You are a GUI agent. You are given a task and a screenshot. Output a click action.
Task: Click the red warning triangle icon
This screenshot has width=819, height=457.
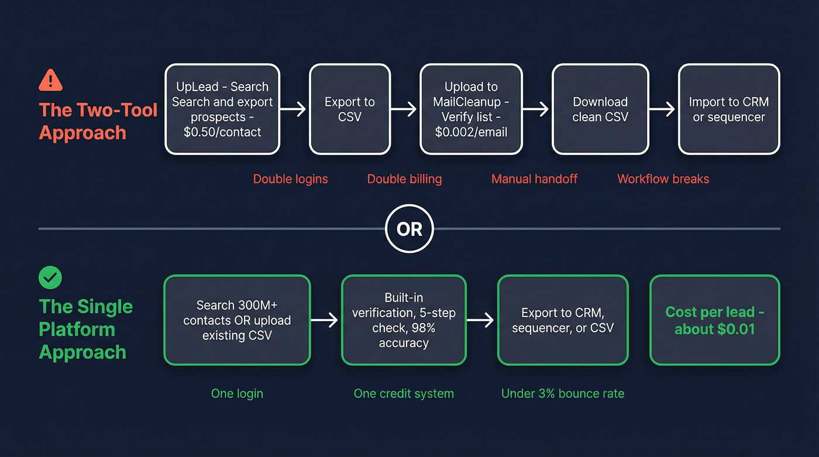point(51,80)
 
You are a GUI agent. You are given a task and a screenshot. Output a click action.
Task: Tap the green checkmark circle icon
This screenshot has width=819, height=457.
point(50,277)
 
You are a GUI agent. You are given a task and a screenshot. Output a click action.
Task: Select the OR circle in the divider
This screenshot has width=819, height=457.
point(409,228)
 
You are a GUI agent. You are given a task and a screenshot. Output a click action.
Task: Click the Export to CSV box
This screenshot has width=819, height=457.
point(350,109)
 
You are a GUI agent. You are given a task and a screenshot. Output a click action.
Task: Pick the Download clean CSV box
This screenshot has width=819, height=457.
point(600,109)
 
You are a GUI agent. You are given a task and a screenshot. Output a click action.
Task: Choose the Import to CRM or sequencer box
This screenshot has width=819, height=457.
point(728,109)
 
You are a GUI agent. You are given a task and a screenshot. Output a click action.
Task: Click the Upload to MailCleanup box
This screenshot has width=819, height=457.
point(471,109)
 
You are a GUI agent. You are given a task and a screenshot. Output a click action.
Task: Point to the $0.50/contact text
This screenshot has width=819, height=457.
point(222,132)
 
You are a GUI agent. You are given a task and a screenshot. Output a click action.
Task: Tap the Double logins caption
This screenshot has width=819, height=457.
point(290,179)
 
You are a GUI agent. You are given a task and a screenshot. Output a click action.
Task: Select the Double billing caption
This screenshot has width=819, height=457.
point(404,179)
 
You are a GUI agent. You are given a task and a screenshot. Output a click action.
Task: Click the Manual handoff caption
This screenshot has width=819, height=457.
point(534,179)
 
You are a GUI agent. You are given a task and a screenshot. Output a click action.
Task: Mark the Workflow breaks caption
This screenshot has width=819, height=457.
point(663,179)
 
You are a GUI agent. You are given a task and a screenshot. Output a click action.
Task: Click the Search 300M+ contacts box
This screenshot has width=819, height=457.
point(237,320)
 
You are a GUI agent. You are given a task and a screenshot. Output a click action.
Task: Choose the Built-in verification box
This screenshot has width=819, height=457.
point(404,320)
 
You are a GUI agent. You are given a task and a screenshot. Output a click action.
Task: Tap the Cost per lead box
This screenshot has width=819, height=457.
point(714,320)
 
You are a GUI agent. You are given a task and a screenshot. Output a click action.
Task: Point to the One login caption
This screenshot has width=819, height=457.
point(237,394)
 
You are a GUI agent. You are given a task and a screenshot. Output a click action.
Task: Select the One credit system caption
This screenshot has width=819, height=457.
point(404,394)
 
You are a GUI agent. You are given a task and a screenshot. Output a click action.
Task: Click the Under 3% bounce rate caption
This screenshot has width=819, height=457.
point(562,394)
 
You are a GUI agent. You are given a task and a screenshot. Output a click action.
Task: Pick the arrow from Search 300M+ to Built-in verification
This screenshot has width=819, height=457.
point(325,320)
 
